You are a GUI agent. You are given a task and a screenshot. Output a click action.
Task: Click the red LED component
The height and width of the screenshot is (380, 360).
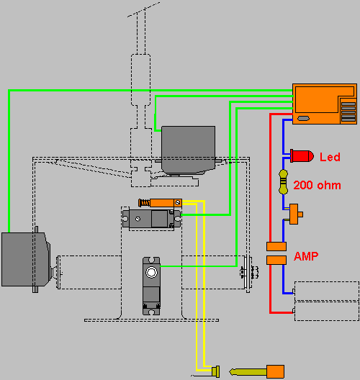click(302, 156)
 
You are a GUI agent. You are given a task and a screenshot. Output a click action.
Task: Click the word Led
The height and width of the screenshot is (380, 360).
click(330, 157)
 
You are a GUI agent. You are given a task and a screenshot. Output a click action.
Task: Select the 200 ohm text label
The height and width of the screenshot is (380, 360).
click(317, 186)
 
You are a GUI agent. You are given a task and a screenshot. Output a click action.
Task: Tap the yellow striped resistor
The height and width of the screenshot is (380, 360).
click(283, 182)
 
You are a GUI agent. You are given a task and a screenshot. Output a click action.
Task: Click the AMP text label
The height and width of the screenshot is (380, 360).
click(306, 256)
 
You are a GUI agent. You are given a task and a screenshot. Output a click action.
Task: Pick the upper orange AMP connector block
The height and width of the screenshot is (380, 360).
click(276, 246)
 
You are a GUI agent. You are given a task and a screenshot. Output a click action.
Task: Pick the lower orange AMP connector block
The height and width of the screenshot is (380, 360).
click(276, 260)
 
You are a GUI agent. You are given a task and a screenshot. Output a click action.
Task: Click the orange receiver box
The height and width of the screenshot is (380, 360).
click(325, 104)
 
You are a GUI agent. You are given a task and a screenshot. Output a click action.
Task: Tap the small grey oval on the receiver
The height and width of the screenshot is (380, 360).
click(303, 118)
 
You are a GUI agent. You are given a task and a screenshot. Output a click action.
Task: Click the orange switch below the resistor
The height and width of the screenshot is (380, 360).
click(294, 214)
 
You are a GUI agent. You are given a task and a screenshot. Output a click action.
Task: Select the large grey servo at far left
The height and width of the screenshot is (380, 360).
click(26, 260)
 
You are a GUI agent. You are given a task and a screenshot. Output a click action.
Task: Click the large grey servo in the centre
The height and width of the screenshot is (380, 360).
click(188, 150)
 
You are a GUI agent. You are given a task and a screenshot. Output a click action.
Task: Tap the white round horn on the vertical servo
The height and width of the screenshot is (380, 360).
click(151, 272)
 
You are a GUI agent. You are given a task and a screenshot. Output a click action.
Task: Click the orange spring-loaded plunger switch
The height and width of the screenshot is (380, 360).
click(160, 203)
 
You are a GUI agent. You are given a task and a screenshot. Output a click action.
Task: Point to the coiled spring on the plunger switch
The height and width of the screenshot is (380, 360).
click(145, 203)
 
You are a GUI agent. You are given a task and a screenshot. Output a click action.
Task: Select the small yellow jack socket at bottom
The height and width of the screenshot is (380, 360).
click(215, 371)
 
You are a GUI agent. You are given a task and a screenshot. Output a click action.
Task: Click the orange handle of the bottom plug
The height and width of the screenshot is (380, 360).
click(275, 371)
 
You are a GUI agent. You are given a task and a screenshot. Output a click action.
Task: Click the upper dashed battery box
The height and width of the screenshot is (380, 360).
click(327, 291)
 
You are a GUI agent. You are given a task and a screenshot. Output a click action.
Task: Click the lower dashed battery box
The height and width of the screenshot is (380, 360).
click(327, 311)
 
